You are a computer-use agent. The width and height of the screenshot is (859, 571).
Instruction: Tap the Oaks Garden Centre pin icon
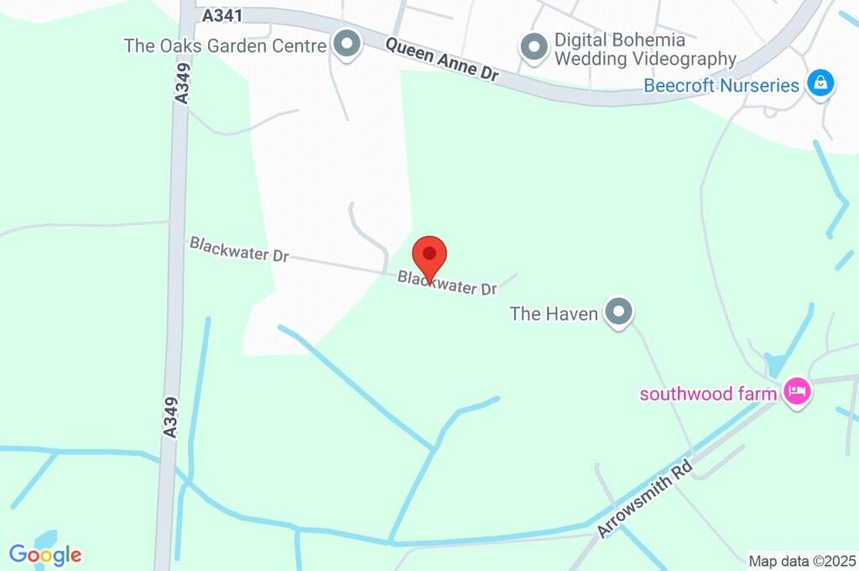[345, 44]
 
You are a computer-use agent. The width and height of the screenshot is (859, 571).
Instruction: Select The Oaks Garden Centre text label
[224, 45]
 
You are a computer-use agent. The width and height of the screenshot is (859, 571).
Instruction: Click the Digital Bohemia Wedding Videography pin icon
[534, 47]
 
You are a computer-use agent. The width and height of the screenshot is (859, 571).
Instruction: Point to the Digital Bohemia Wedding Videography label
[645, 50]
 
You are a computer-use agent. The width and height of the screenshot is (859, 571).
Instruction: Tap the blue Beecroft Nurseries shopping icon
[820, 83]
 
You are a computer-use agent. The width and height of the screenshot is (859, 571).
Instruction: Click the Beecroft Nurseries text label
[721, 86]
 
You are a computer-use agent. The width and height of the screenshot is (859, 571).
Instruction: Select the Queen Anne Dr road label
[442, 60]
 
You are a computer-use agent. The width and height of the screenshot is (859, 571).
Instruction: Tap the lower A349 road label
[170, 416]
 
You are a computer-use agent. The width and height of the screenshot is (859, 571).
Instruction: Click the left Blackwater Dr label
[239, 249]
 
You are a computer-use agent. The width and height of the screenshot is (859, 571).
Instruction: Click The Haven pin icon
[619, 312]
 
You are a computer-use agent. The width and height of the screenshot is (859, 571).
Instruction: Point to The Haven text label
[554, 314]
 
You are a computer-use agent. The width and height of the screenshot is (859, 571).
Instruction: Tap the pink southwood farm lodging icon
[795, 391]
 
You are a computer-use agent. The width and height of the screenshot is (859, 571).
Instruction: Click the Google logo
[45, 554]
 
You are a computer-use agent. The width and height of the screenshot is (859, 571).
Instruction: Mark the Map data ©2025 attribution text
[802, 561]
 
